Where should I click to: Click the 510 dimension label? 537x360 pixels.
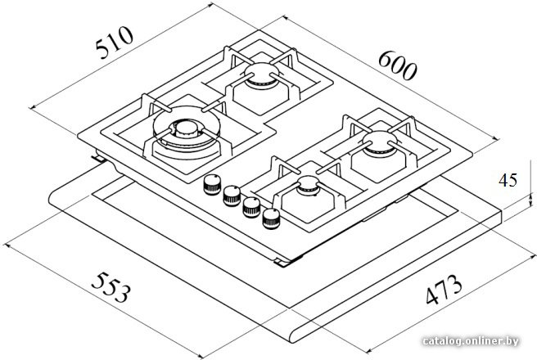[115, 42]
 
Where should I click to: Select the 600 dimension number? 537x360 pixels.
[398, 65]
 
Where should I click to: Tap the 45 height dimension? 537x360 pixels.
[508, 180]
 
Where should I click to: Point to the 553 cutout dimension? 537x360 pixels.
[111, 287]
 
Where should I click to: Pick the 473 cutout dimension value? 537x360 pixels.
[444, 289]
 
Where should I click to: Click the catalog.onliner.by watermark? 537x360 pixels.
[470, 341]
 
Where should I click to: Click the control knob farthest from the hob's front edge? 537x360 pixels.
[212, 184]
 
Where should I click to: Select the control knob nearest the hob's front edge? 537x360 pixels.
[271, 218]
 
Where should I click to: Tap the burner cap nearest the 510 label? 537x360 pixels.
[262, 73]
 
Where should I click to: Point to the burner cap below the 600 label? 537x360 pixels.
[380, 141]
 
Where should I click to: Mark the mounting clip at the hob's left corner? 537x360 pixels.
[98, 158]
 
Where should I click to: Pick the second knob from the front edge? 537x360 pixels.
[252, 207]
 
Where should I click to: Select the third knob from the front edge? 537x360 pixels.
[232, 196]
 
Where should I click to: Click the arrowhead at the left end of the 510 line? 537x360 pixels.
[32, 107]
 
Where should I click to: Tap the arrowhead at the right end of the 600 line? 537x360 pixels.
[497, 139]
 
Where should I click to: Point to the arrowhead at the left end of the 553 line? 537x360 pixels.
[7, 246]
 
